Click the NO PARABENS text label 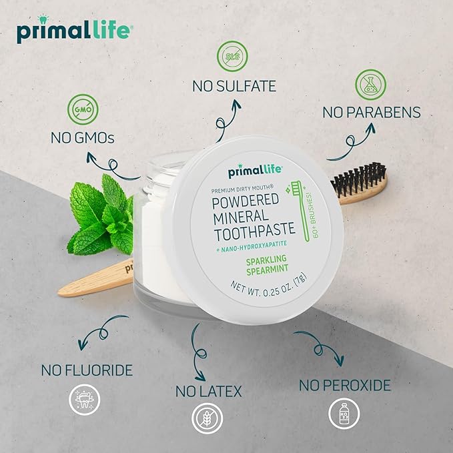(372, 113)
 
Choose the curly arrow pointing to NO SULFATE (223, 117)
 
